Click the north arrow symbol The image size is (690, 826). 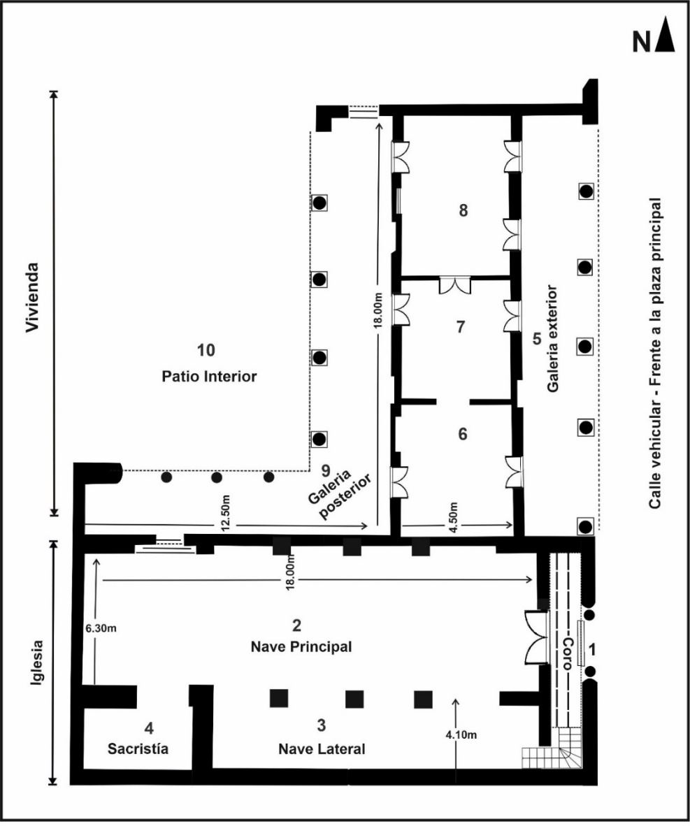click(x=666, y=38)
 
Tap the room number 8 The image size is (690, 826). click(x=463, y=210)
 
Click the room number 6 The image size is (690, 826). click(x=461, y=433)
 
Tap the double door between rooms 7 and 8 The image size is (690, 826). click(x=454, y=285)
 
